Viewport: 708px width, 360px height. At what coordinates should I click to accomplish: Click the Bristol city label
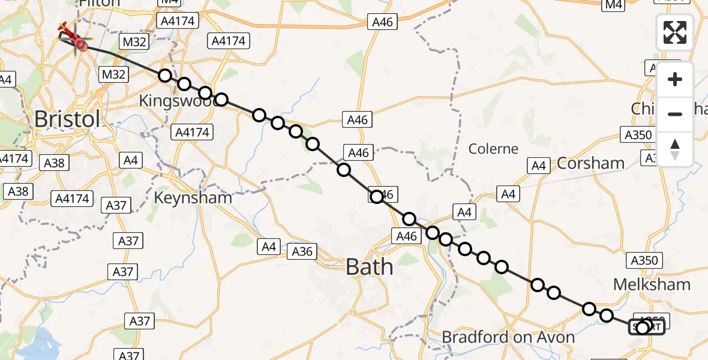pyautogui.click(x=67, y=119)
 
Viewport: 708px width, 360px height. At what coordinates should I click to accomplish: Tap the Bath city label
pyautogui.click(x=370, y=266)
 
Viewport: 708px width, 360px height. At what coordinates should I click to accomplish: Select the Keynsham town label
pyautogui.click(x=193, y=197)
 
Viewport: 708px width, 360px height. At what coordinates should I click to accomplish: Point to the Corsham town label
pyautogui.click(x=590, y=163)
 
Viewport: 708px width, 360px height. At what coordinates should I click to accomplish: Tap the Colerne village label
pyautogui.click(x=493, y=148)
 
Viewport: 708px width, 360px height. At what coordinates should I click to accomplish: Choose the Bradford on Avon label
pyautogui.click(x=508, y=337)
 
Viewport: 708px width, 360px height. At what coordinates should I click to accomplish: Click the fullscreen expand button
pyautogui.click(x=675, y=32)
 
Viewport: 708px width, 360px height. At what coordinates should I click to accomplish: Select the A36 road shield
pyautogui.click(x=302, y=251)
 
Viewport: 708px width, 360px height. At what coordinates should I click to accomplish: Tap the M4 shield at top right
pyautogui.click(x=614, y=5)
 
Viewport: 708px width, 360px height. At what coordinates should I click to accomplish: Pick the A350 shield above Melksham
pyautogui.click(x=645, y=260)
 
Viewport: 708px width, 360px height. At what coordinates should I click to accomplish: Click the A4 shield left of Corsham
pyautogui.click(x=538, y=165)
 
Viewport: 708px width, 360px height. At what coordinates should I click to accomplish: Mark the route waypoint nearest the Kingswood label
pyautogui.click(x=205, y=93)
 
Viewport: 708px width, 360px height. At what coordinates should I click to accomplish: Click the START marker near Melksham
pyautogui.click(x=646, y=327)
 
